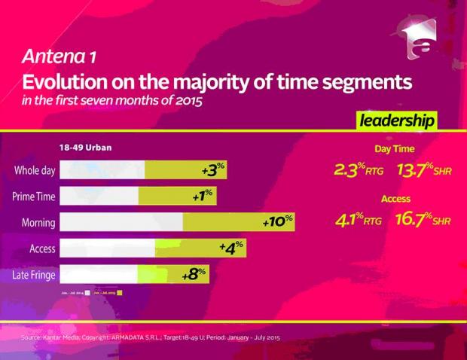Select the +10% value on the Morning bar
coord(276,223)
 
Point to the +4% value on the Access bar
coord(230,248)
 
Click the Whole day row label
coord(35,171)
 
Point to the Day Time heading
coord(395,149)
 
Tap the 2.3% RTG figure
coord(358,169)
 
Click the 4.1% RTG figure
coord(358,220)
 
